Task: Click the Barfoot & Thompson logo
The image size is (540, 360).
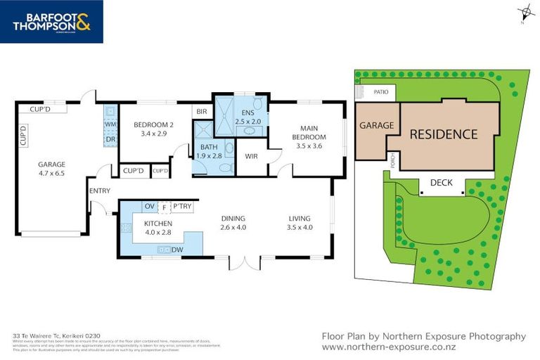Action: [51, 22]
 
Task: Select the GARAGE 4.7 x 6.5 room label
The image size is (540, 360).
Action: [51, 169]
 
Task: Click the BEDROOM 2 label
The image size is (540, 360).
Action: [153, 129]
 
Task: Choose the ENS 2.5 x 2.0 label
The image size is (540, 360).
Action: [247, 117]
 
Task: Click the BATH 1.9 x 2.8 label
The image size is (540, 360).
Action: [209, 150]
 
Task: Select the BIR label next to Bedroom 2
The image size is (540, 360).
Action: [201, 111]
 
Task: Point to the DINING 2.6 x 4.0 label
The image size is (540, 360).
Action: [233, 223]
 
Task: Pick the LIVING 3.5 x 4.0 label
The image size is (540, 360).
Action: [298, 223]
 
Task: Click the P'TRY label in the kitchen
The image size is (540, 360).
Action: [182, 207]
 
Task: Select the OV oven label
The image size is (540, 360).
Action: [148, 207]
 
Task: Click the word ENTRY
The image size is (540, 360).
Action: [99, 191]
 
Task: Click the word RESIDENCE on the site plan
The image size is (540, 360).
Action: [443, 134]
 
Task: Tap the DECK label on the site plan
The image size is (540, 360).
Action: [441, 183]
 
